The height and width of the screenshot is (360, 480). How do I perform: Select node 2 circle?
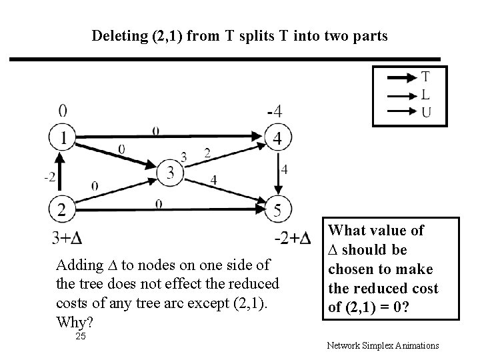(61, 210)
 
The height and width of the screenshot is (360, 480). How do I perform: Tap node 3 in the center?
(170, 173)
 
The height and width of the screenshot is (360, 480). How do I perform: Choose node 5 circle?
(278, 210)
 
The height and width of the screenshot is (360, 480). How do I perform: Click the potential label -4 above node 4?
(273, 111)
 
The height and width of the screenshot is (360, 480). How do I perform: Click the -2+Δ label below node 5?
(292, 238)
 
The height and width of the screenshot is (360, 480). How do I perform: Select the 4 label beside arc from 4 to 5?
(285, 170)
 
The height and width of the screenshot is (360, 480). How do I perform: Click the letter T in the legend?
(425, 77)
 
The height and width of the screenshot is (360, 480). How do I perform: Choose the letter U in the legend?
(425, 112)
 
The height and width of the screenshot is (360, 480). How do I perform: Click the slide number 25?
(81, 337)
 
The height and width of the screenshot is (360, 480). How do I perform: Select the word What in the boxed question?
(348, 231)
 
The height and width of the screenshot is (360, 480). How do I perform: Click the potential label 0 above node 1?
(62, 110)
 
